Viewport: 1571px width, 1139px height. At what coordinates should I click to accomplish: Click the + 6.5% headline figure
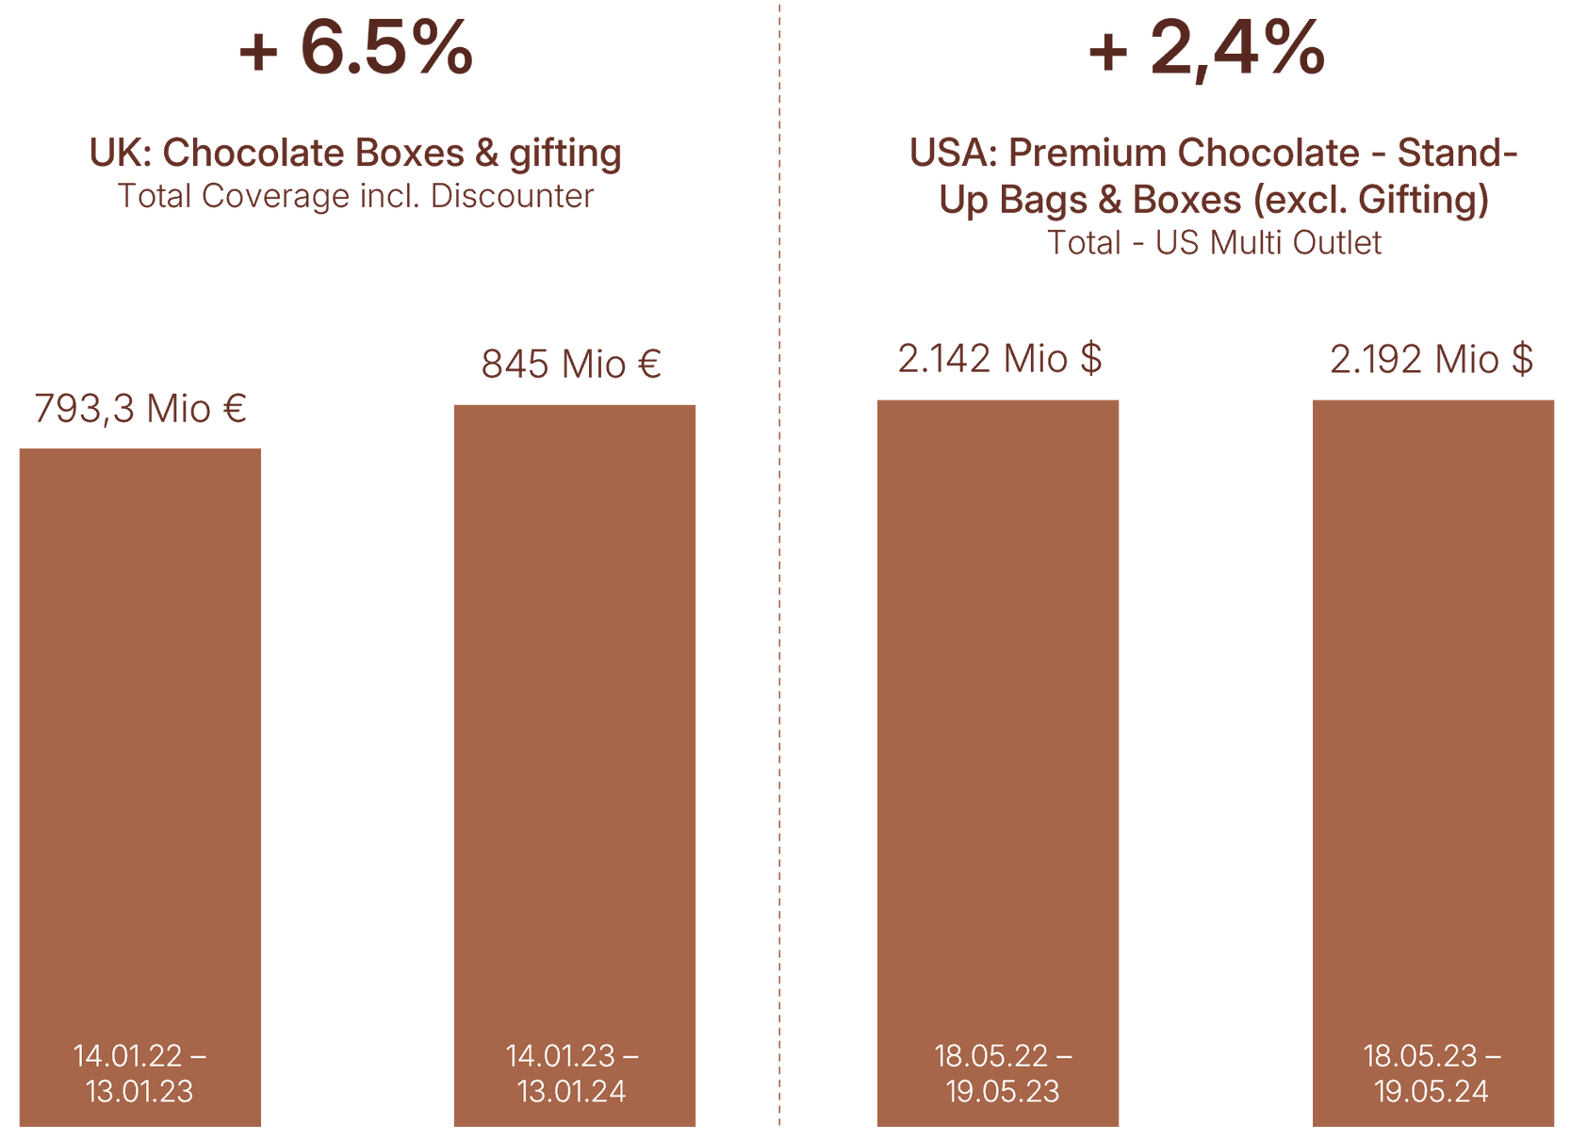pos(356,48)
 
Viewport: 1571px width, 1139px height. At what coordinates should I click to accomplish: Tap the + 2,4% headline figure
pos(1207,48)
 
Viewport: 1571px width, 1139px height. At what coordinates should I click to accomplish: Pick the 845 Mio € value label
pos(571,365)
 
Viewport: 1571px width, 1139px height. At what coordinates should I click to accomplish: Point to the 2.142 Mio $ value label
pos(1000,359)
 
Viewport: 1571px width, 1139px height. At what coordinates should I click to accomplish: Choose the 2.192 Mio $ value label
pos(1432,360)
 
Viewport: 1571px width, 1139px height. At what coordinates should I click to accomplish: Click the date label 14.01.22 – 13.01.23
pos(139,1073)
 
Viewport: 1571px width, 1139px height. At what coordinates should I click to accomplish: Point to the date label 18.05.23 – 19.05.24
pos(1432,1073)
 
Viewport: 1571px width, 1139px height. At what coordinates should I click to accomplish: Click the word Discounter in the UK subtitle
pos(512,196)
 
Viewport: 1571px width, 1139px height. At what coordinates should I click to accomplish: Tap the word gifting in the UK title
pos(565,154)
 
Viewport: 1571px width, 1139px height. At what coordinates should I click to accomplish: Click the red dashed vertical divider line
pos(779,565)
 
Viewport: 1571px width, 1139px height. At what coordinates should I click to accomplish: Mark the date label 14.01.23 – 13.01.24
pos(572,1073)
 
